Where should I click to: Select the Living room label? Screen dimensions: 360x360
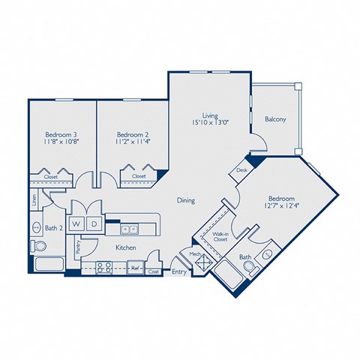point(210,115)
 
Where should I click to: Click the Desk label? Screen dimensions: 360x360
point(241,169)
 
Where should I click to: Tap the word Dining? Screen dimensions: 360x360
point(187,200)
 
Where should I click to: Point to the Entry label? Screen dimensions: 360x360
point(179,272)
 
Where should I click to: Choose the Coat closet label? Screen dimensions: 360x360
point(154,271)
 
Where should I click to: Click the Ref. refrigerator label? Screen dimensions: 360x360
point(136,266)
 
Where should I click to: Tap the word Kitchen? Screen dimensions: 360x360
point(126,247)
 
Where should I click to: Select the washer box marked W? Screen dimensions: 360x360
point(76,223)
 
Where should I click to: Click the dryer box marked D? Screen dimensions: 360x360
point(94,223)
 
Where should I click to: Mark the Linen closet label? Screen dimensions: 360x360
point(34,200)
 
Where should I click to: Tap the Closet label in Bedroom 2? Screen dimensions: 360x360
point(139,177)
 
